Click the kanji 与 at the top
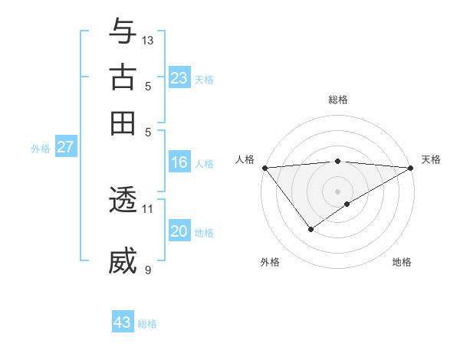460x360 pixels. (123, 32)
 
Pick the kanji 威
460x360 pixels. (123, 261)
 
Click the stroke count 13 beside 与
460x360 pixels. (148, 40)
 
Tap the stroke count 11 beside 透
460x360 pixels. (148, 208)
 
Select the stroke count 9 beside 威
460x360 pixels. (148, 270)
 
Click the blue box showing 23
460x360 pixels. (179, 77)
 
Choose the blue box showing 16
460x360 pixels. (179, 162)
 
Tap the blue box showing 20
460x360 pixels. (179, 231)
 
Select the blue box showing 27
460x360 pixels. (65, 147)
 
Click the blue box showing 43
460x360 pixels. (123, 322)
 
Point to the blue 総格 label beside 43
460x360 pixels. (147, 324)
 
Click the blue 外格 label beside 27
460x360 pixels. (40, 149)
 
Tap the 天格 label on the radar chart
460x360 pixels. (431, 159)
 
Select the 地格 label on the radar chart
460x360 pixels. (402, 262)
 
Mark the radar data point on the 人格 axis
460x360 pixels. (264, 168)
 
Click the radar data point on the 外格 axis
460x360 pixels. (310, 229)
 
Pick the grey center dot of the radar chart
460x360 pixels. (337, 191)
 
